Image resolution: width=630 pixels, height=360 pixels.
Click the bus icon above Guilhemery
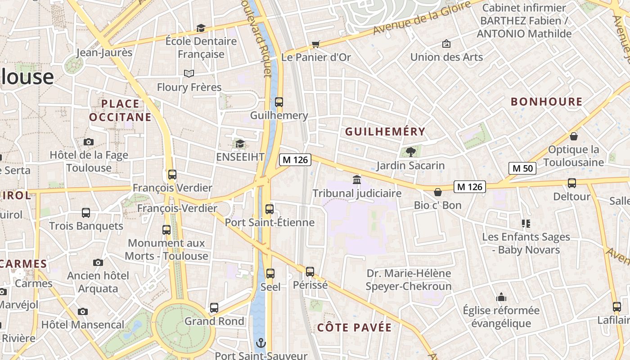[279, 102]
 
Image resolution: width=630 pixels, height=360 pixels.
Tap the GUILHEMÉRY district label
[385, 131]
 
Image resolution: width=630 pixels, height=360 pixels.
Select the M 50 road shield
[522, 169]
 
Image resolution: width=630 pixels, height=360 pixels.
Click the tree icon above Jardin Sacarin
[410, 152]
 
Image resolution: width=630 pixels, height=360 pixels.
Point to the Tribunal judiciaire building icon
[357, 180]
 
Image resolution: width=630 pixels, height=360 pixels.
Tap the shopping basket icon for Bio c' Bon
[437, 192]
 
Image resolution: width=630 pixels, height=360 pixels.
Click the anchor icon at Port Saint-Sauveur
[261, 344]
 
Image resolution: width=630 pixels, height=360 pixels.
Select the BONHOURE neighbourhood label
[546, 102]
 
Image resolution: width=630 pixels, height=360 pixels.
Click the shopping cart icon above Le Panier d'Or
[315, 44]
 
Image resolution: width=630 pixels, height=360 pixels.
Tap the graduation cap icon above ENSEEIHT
[240, 144]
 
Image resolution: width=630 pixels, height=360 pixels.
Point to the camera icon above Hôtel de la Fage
[89, 142]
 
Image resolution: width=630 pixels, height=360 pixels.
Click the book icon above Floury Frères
[189, 73]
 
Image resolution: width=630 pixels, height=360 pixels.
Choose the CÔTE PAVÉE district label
[354, 327]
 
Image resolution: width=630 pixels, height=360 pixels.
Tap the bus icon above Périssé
[310, 271]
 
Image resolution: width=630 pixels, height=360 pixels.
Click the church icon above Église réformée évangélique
[501, 297]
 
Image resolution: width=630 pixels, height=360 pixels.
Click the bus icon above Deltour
[571, 183]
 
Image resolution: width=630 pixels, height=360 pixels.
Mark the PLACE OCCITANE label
[120, 110]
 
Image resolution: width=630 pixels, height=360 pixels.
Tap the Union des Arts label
[446, 57]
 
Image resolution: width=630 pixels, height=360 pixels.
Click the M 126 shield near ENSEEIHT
[295, 160]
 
